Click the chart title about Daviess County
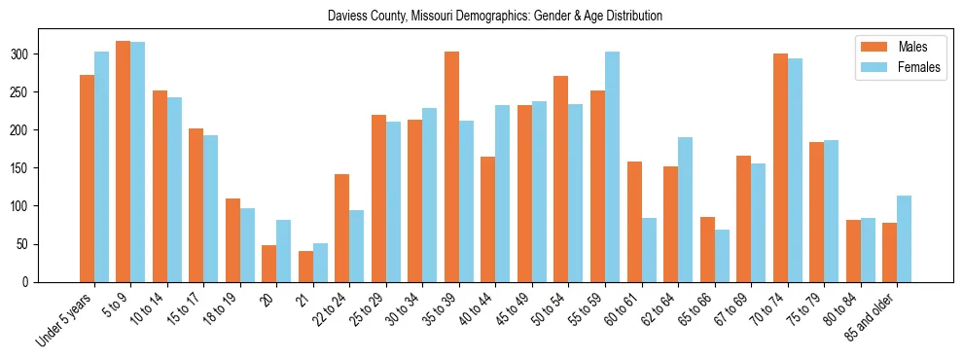[x=481, y=16]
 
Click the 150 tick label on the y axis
[x=20, y=168]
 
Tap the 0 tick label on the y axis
[x=27, y=282]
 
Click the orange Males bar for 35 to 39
[x=451, y=166]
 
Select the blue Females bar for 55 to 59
[x=612, y=166]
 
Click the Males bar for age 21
[x=305, y=267]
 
